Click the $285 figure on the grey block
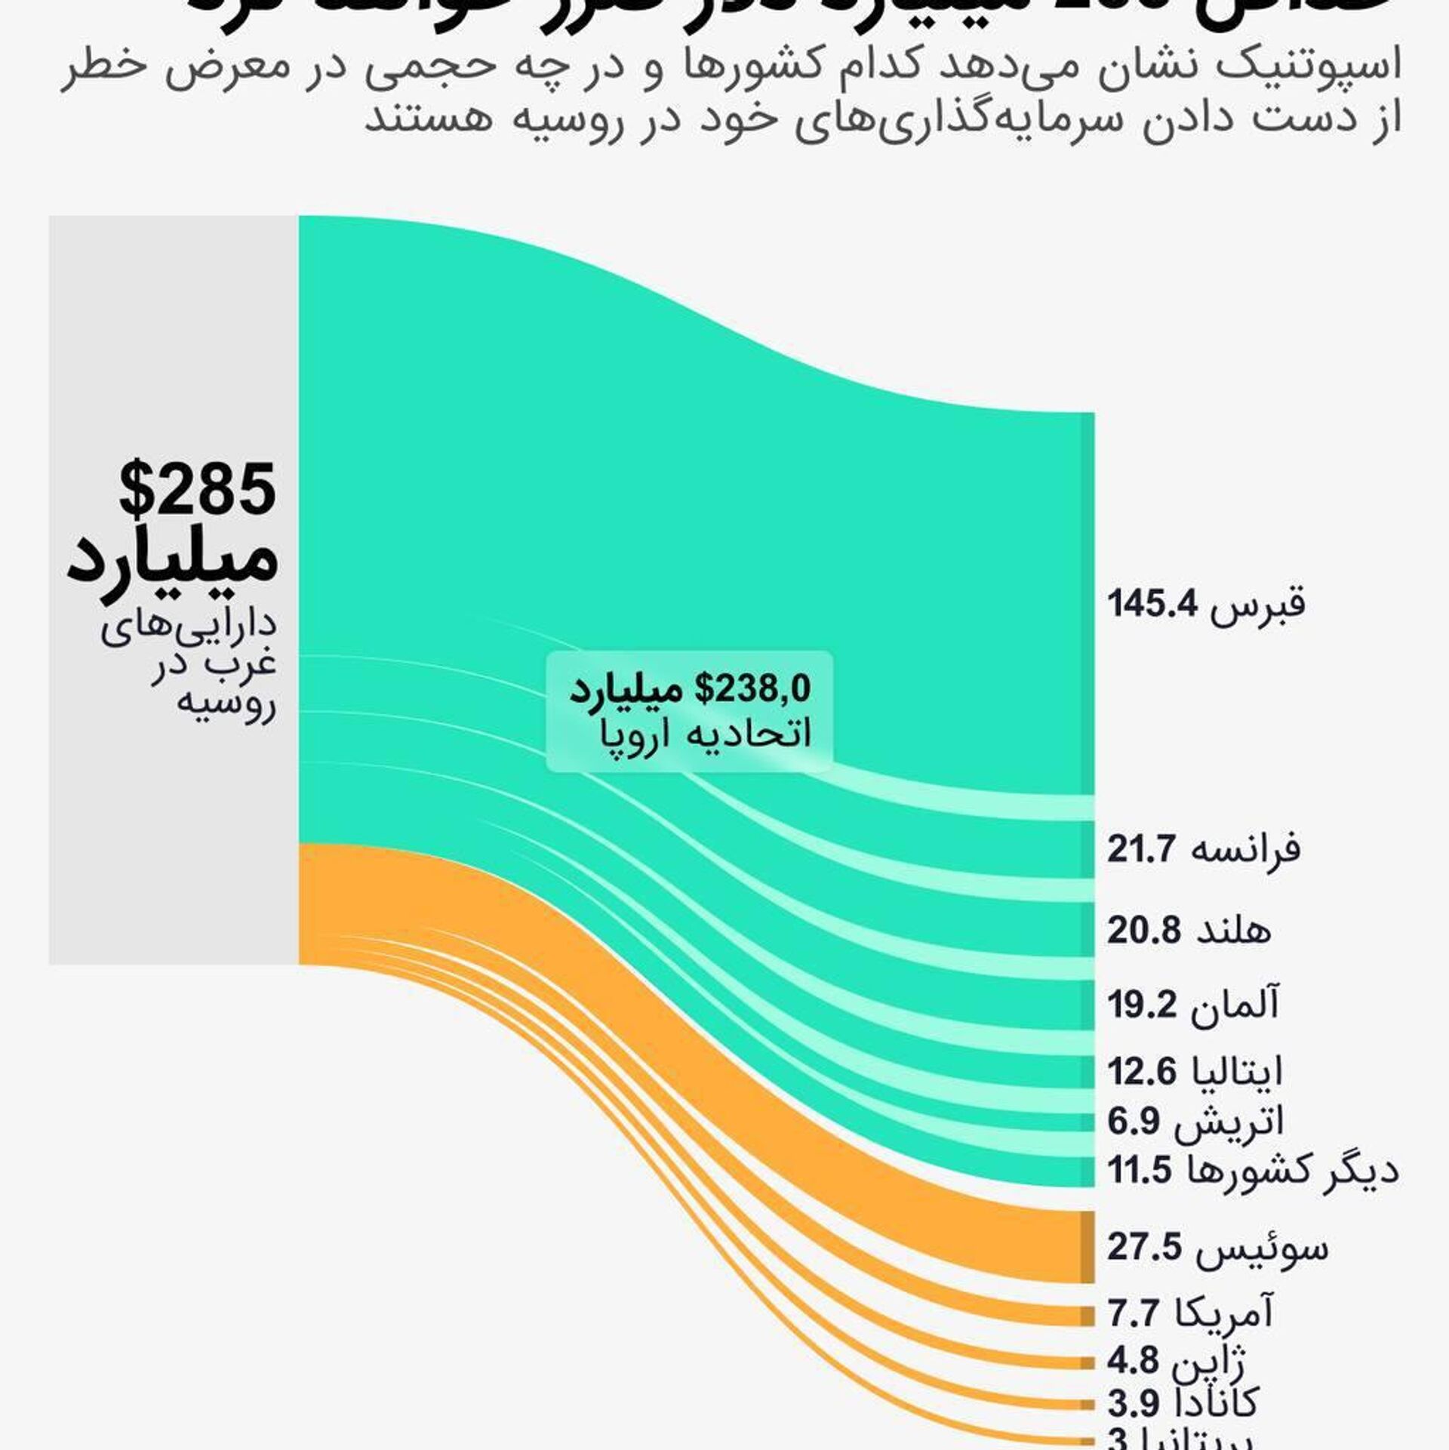coord(198,488)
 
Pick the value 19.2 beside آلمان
coord(1142,1005)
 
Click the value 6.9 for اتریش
coord(1133,1122)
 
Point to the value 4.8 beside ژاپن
coord(1132,1360)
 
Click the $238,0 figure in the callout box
coord(752,689)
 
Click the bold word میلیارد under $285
coord(173,559)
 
